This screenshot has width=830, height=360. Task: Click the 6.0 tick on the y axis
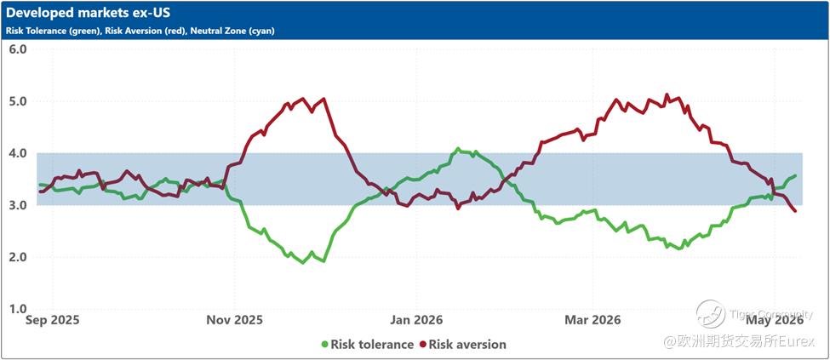pos(19,49)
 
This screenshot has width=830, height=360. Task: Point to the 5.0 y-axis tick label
pos(19,101)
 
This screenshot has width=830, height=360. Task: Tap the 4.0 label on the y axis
pos(19,153)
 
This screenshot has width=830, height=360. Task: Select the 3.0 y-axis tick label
pos(19,205)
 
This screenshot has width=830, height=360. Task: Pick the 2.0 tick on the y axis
pos(19,257)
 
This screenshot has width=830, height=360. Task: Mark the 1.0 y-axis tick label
pos(19,309)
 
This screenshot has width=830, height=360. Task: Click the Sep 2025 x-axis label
pos(53,320)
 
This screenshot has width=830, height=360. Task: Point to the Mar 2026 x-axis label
pos(592,320)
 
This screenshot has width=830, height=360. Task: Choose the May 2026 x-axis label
pos(774,320)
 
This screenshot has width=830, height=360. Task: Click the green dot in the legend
pos(324,345)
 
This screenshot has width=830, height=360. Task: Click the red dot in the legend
pos(423,345)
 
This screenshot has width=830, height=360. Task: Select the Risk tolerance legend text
pos(372,345)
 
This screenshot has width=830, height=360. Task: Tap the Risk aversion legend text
pos(467,345)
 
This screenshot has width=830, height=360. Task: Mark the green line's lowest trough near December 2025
pos(303,262)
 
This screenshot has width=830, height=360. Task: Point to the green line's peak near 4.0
pos(458,149)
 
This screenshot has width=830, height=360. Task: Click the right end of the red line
pos(796,211)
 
